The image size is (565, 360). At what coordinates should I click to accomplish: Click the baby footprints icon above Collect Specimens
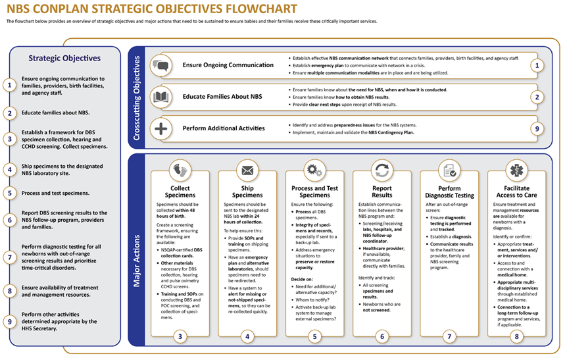pyautogui.click(x=180, y=170)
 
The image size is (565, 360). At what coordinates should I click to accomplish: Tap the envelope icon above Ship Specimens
pyautogui.click(x=247, y=170)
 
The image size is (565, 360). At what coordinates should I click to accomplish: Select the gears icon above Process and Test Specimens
pyautogui.click(x=314, y=170)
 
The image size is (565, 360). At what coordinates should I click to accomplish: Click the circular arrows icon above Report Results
pyautogui.click(x=382, y=170)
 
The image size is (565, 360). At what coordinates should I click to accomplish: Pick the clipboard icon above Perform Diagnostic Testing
pyautogui.click(x=449, y=170)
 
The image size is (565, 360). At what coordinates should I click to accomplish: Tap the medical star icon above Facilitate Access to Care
pyautogui.click(x=517, y=170)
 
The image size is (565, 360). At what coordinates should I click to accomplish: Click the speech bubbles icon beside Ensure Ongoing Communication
pyautogui.click(x=160, y=65)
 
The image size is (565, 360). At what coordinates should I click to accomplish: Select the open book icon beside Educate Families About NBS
pyautogui.click(x=160, y=96)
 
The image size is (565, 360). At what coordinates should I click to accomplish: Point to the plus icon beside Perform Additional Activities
pyautogui.click(x=160, y=127)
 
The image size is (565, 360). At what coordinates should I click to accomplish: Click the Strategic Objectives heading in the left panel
pyautogui.click(x=64, y=58)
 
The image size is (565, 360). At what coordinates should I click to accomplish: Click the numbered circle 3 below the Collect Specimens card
pyautogui.click(x=180, y=336)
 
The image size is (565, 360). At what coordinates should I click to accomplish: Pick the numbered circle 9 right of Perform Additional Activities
pyautogui.click(x=537, y=128)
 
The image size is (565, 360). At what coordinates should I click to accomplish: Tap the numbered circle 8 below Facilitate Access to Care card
pyautogui.click(x=517, y=336)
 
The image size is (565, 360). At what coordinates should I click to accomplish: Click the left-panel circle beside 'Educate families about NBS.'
pyautogui.click(x=9, y=113)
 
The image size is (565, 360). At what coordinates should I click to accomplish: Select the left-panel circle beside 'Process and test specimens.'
pyautogui.click(x=9, y=193)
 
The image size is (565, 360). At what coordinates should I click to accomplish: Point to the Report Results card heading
pyautogui.click(x=382, y=191)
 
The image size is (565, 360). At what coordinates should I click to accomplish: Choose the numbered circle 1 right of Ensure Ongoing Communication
pyautogui.click(x=537, y=66)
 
